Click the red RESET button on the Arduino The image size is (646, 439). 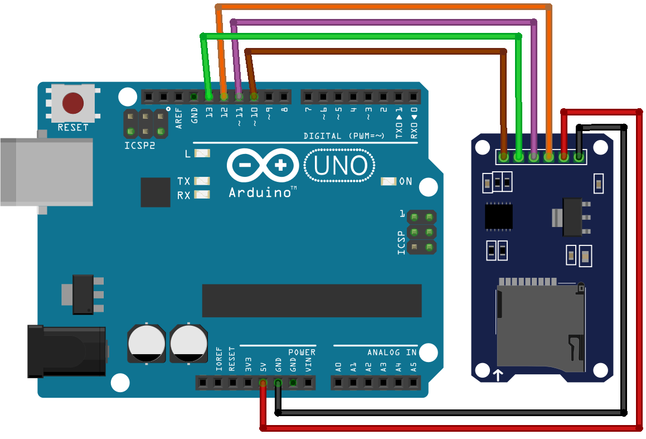[73, 103]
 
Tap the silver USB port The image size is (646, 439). [47, 172]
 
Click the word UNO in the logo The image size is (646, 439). [341, 165]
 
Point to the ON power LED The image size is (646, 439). [388, 181]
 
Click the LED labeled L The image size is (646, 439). [202, 153]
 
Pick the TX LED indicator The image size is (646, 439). [202, 181]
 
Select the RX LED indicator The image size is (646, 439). [202, 195]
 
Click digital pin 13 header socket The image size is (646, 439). [209, 97]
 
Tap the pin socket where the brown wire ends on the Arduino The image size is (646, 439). [254, 97]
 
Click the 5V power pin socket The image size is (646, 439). [263, 383]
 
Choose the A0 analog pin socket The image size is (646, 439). [338, 383]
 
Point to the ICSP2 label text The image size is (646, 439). [140, 146]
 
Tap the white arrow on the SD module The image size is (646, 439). [498, 375]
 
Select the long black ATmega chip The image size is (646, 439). [312, 301]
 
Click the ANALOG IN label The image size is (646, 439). [392, 353]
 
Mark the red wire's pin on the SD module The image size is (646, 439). [564, 157]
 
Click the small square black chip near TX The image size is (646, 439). [156, 192]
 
